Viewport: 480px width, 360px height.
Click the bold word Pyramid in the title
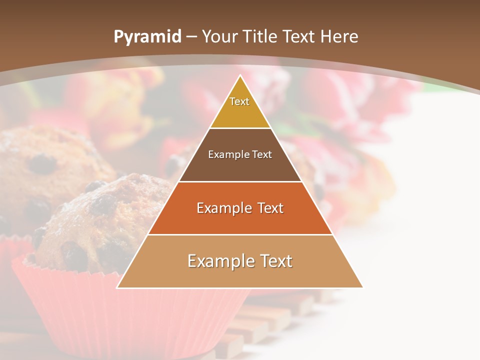147,36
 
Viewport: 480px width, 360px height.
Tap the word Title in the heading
263,36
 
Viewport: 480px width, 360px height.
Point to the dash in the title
191,36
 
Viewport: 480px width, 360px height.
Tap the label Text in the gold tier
239,101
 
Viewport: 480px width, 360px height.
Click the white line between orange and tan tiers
240,234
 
